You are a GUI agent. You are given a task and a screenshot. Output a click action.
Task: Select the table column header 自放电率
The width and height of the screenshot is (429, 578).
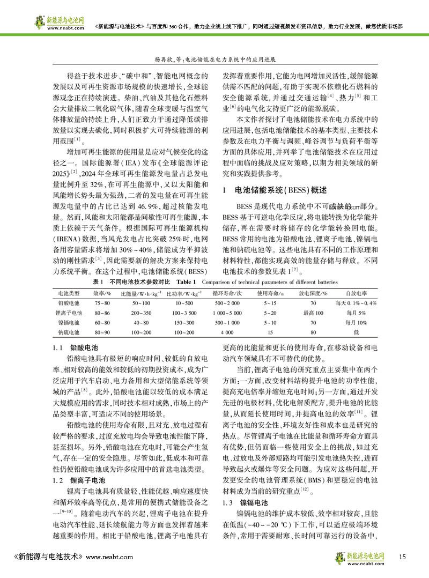356,293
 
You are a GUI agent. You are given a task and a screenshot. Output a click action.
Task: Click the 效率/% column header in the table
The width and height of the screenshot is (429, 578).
102,293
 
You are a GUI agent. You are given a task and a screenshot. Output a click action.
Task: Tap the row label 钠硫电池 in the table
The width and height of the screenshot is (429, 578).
69,333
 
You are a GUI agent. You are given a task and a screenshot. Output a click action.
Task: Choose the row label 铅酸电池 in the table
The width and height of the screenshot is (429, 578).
69,303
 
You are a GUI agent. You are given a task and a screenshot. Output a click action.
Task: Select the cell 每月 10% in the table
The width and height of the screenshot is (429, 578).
356,323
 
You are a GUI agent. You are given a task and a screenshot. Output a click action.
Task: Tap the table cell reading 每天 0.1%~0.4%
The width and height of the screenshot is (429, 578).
356,303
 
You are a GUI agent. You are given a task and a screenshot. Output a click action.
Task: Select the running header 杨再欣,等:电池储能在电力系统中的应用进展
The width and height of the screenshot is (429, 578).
214,61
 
